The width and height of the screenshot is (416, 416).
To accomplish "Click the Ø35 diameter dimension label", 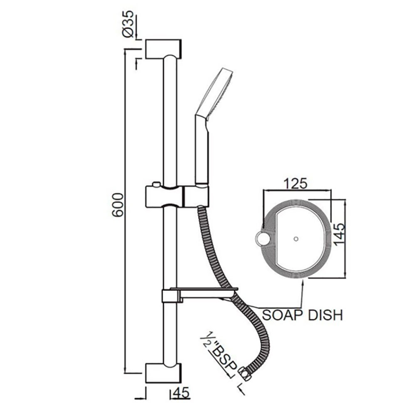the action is (x=128, y=24).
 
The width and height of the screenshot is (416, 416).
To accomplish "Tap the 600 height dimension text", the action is (x=118, y=205).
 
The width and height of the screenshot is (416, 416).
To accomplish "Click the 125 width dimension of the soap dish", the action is (x=295, y=183).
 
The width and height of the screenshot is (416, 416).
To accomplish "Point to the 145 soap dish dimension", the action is (x=340, y=235).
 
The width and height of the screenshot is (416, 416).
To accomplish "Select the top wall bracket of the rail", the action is (x=163, y=49).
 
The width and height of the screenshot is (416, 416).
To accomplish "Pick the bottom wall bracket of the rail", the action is (x=163, y=373).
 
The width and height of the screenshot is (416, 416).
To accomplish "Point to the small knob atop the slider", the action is (x=156, y=184).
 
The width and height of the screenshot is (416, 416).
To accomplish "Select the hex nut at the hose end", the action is (x=245, y=374).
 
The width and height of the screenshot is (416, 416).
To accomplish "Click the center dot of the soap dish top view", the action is (x=296, y=239).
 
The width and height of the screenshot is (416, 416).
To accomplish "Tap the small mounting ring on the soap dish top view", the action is (x=262, y=238).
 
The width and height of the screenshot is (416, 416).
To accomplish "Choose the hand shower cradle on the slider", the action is (x=196, y=196).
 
